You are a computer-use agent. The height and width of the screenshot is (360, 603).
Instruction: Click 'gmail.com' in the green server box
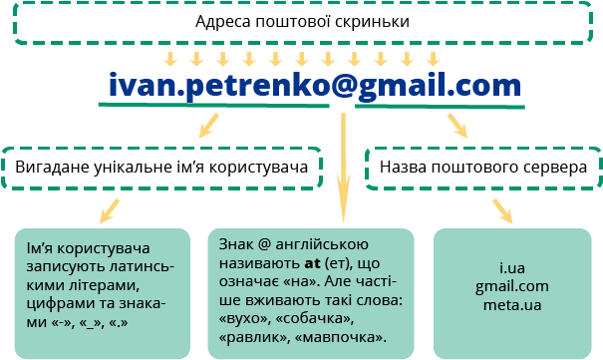pyautogui.click(x=512, y=287)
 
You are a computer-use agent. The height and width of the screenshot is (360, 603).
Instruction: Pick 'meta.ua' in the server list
pyautogui.click(x=512, y=304)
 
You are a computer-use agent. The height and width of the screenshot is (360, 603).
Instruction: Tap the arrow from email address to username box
pyautogui.click(x=207, y=125)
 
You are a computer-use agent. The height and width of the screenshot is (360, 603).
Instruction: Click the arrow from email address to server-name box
pyautogui.click(x=456, y=124)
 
